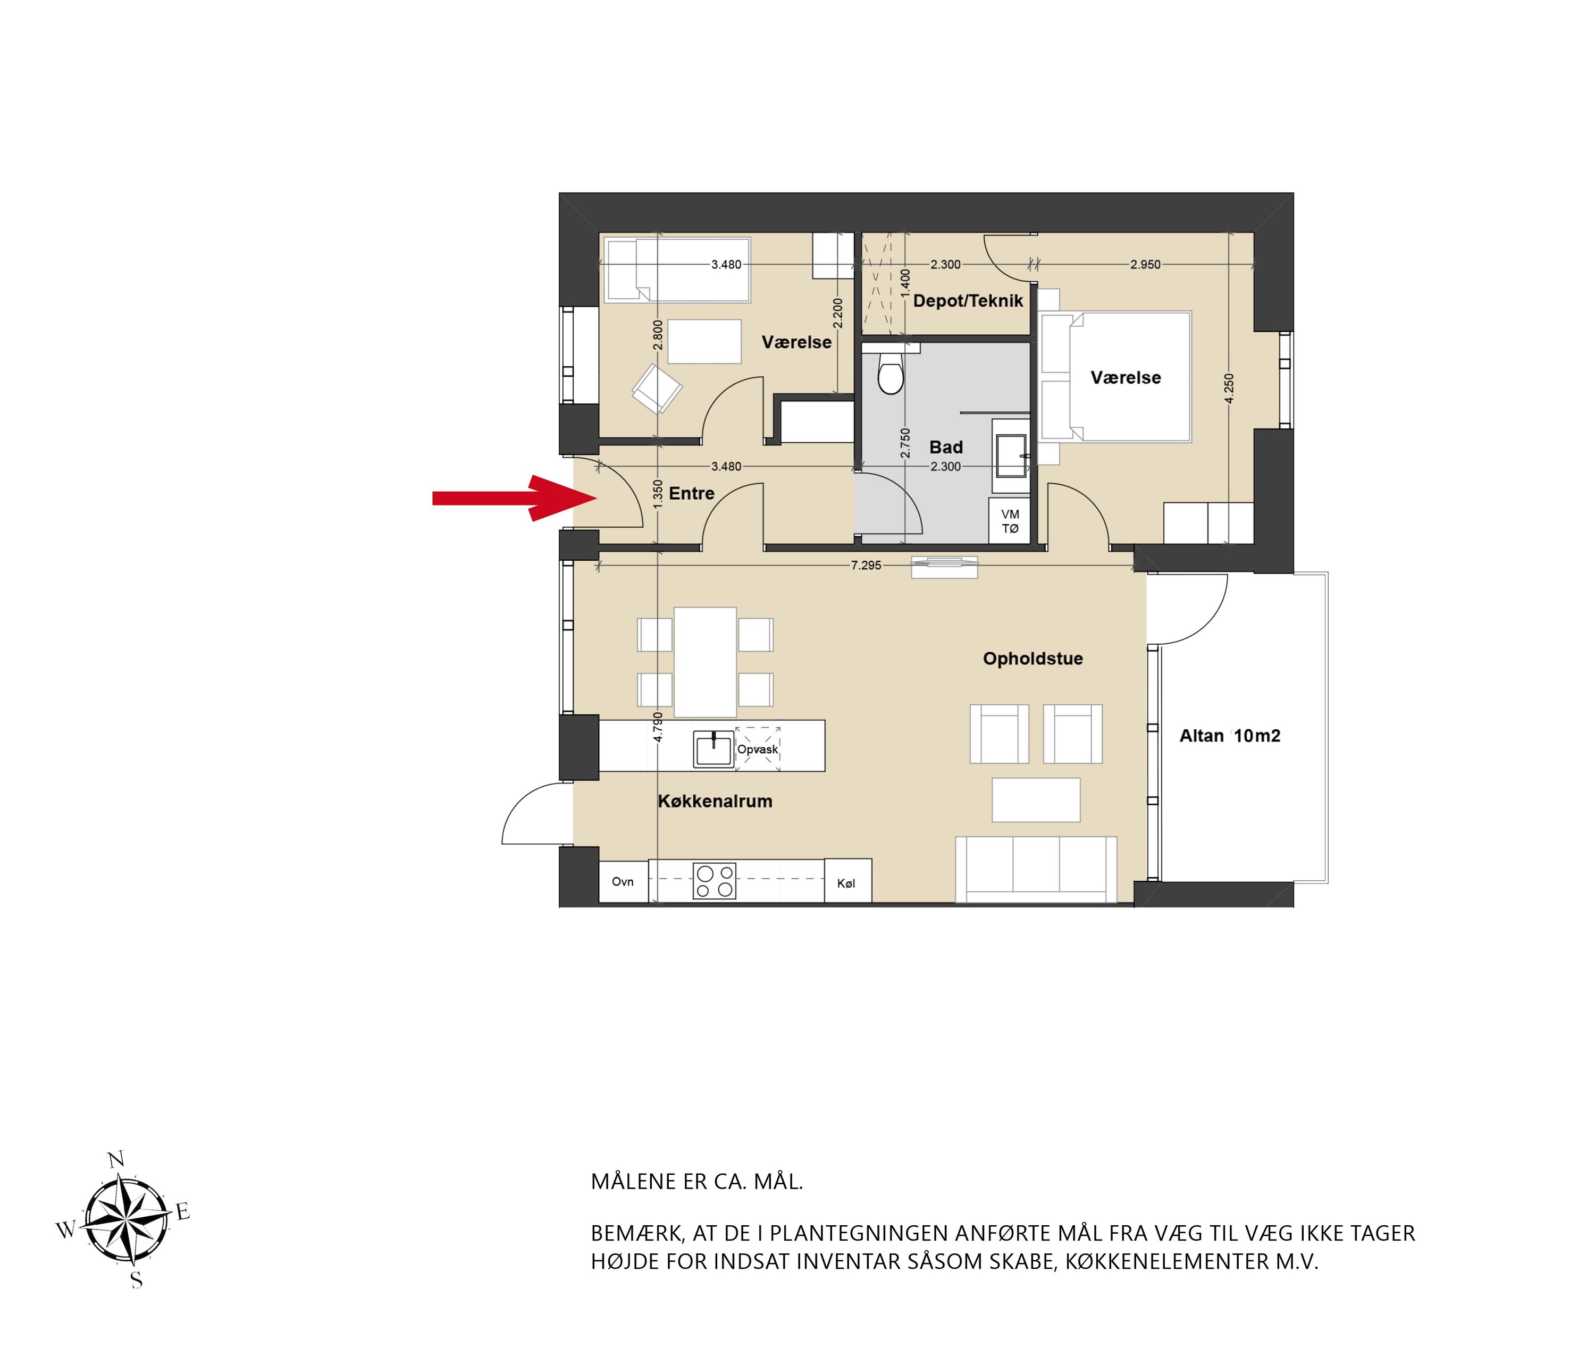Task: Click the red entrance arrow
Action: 514,498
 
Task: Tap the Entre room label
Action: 692,494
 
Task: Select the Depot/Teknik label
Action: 968,301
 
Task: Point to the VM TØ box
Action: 1010,521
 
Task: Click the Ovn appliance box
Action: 623,882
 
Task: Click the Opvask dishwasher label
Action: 758,749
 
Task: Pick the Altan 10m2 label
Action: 1230,736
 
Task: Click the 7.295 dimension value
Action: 866,566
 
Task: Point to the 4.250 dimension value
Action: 1229,388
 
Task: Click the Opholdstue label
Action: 1032,659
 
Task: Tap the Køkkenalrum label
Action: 715,801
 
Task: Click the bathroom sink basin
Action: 1011,456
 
